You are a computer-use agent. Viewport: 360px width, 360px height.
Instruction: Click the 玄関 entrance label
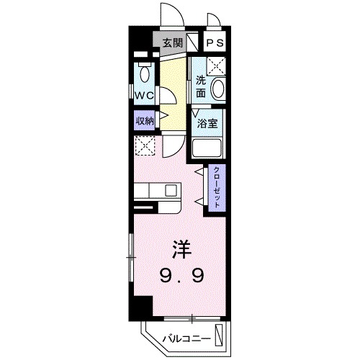point(171,42)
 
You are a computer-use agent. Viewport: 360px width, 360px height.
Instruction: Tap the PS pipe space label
point(216,42)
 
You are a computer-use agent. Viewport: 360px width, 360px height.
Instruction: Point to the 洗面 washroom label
point(202,86)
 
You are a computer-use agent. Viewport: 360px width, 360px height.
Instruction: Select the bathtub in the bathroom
point(210,150)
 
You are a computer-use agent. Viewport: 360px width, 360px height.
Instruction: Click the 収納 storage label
point(145,120)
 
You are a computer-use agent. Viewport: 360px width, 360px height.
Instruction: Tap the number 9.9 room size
point(181,274)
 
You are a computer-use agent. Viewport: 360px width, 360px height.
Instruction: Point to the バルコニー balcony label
point(186,337)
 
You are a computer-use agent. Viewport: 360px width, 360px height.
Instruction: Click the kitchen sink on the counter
point(171,191)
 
